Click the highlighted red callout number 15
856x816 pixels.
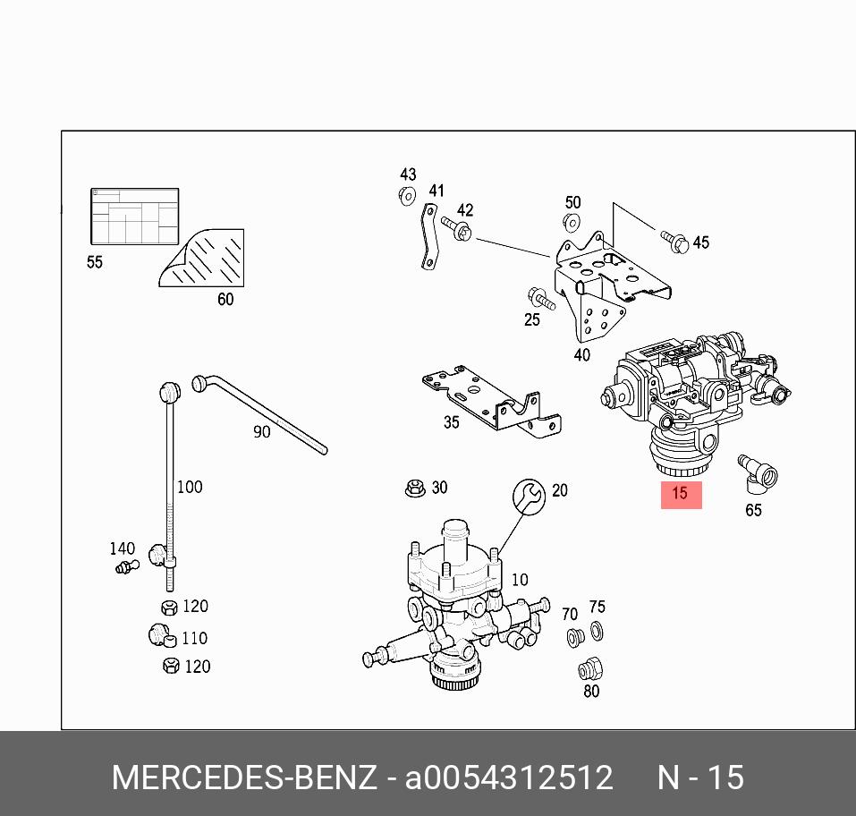point(681,494)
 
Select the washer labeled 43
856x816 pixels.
point(407,195)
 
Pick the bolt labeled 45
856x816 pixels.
point(675,240)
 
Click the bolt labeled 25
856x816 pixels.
point(540,298)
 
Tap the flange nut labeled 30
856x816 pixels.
point(414,489)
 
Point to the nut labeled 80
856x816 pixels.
point(589,668)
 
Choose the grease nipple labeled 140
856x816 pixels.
point(125,565)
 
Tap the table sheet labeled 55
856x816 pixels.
point(134,216)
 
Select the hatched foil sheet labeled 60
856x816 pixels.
point(207,259)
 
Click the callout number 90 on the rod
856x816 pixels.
point(261,431)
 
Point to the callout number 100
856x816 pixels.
point(190,487)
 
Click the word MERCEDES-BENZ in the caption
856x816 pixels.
point(244,778)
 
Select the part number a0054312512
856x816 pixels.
point(510,778)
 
